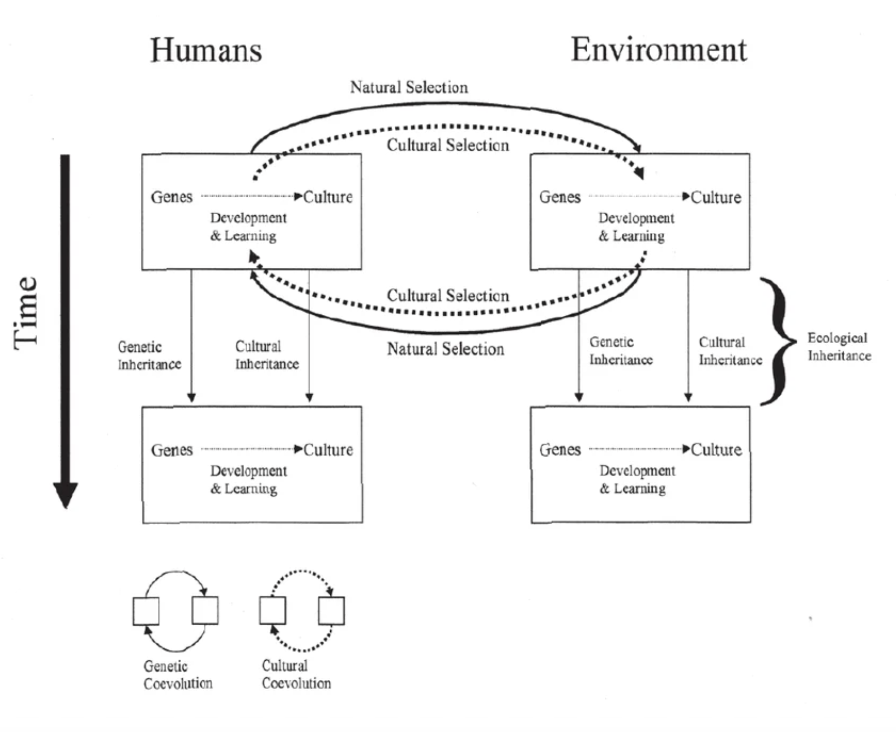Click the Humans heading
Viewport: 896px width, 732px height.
click(x=206, y=50)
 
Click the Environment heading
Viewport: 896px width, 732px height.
click(x=659, y=50)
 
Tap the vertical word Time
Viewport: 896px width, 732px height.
click(x=26, y=313)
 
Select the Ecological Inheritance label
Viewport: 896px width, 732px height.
click(x=839, y=346)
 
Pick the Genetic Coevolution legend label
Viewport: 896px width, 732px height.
click(x=178, y=674)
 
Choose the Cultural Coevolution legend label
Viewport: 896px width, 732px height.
click(x=296, y=674)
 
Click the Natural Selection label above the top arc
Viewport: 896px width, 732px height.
click(x=409, y=87)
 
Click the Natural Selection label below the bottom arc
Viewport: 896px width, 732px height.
click(x=446, y=349)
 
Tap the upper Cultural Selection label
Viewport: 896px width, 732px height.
click(x=448, y=145)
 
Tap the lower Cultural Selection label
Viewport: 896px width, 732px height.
click(x=448, y=295)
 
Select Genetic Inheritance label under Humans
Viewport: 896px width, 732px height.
click(x=149, y=356)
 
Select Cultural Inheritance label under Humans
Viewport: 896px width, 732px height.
click(x=267, y=355)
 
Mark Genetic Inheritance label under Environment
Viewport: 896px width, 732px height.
click(x=620, y=351)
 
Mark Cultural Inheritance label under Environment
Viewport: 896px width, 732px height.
click(x=730, y=351)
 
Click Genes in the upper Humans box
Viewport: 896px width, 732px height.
click(x=171, y=197)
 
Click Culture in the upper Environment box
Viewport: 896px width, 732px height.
click(x=716, y=197)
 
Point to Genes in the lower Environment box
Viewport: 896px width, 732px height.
click(x=560, y=449)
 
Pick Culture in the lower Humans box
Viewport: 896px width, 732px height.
click(x=328, y=449)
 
